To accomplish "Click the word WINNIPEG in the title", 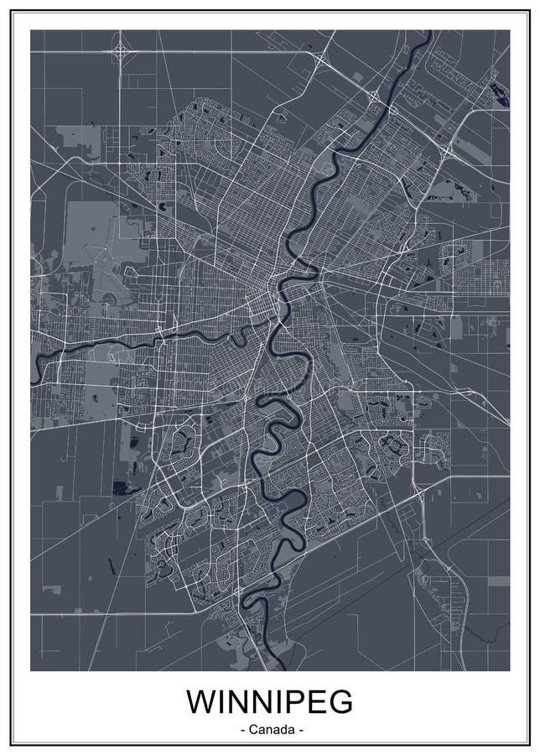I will click(x=270, y=701).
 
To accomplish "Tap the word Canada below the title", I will click(x=271, y=730).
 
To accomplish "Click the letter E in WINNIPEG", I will click(x=312, y=701).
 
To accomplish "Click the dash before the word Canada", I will click(x=242, y=731).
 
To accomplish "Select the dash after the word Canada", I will click(x=300, y=731).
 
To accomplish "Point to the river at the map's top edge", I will click(x=428, y=34).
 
